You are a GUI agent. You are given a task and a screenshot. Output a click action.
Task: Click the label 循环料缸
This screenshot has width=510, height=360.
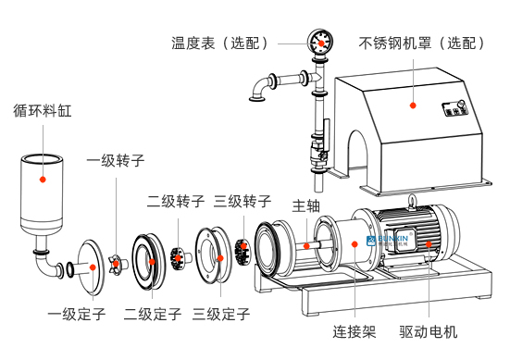pos(43,110)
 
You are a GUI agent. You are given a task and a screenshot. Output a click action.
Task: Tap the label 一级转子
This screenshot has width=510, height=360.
pos(116,161)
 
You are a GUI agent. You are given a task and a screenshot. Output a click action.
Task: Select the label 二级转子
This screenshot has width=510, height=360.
pos(176,202)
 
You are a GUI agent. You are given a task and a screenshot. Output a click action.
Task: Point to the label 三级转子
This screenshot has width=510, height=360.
pos(243,202)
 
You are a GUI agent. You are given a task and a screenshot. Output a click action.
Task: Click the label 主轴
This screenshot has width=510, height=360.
pos(306,206)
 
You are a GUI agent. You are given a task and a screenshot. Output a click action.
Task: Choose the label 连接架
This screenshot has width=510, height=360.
pos(355,331)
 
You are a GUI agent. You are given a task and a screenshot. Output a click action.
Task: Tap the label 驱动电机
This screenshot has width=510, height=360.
pos(429,331)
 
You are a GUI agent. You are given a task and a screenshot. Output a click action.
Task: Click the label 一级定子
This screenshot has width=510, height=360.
pos(77,314)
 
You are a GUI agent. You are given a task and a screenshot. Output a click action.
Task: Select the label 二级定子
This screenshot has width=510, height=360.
pos(153,314)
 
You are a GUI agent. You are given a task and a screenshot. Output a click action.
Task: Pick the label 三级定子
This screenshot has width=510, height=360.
pos(221,314)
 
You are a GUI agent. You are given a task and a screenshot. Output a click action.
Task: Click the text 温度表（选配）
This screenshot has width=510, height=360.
pos(220,43)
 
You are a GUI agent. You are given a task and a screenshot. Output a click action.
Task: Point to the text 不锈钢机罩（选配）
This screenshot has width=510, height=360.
pos(422,43)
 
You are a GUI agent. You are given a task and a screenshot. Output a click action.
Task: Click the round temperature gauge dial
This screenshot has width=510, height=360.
pos(320,43)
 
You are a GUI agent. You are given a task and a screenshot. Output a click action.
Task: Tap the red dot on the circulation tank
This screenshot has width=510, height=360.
pos(43,180)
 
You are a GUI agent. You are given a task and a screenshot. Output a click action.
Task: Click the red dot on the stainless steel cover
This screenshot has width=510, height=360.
pos(413,106)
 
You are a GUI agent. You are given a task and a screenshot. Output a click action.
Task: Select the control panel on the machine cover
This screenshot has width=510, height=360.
pos(455,108)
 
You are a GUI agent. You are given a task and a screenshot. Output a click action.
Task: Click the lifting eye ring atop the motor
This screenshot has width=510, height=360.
pos(412,200)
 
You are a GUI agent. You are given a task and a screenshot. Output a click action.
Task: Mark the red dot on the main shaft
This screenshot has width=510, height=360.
pos(306,246)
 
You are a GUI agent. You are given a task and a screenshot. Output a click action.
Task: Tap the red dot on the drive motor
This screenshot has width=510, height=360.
pos(429,244)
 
